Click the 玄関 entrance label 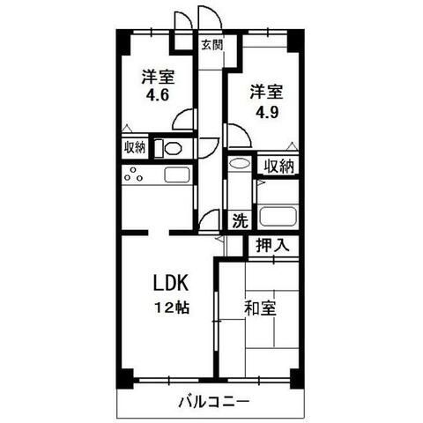(211, 44)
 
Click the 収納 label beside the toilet (135, 147)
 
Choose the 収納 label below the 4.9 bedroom (278, 165)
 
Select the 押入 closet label (271, 245)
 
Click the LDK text (170, 285)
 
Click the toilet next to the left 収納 (173, 148)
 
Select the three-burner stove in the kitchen (135, 175)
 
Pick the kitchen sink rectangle (175, 174)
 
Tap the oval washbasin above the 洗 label (238, 163)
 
